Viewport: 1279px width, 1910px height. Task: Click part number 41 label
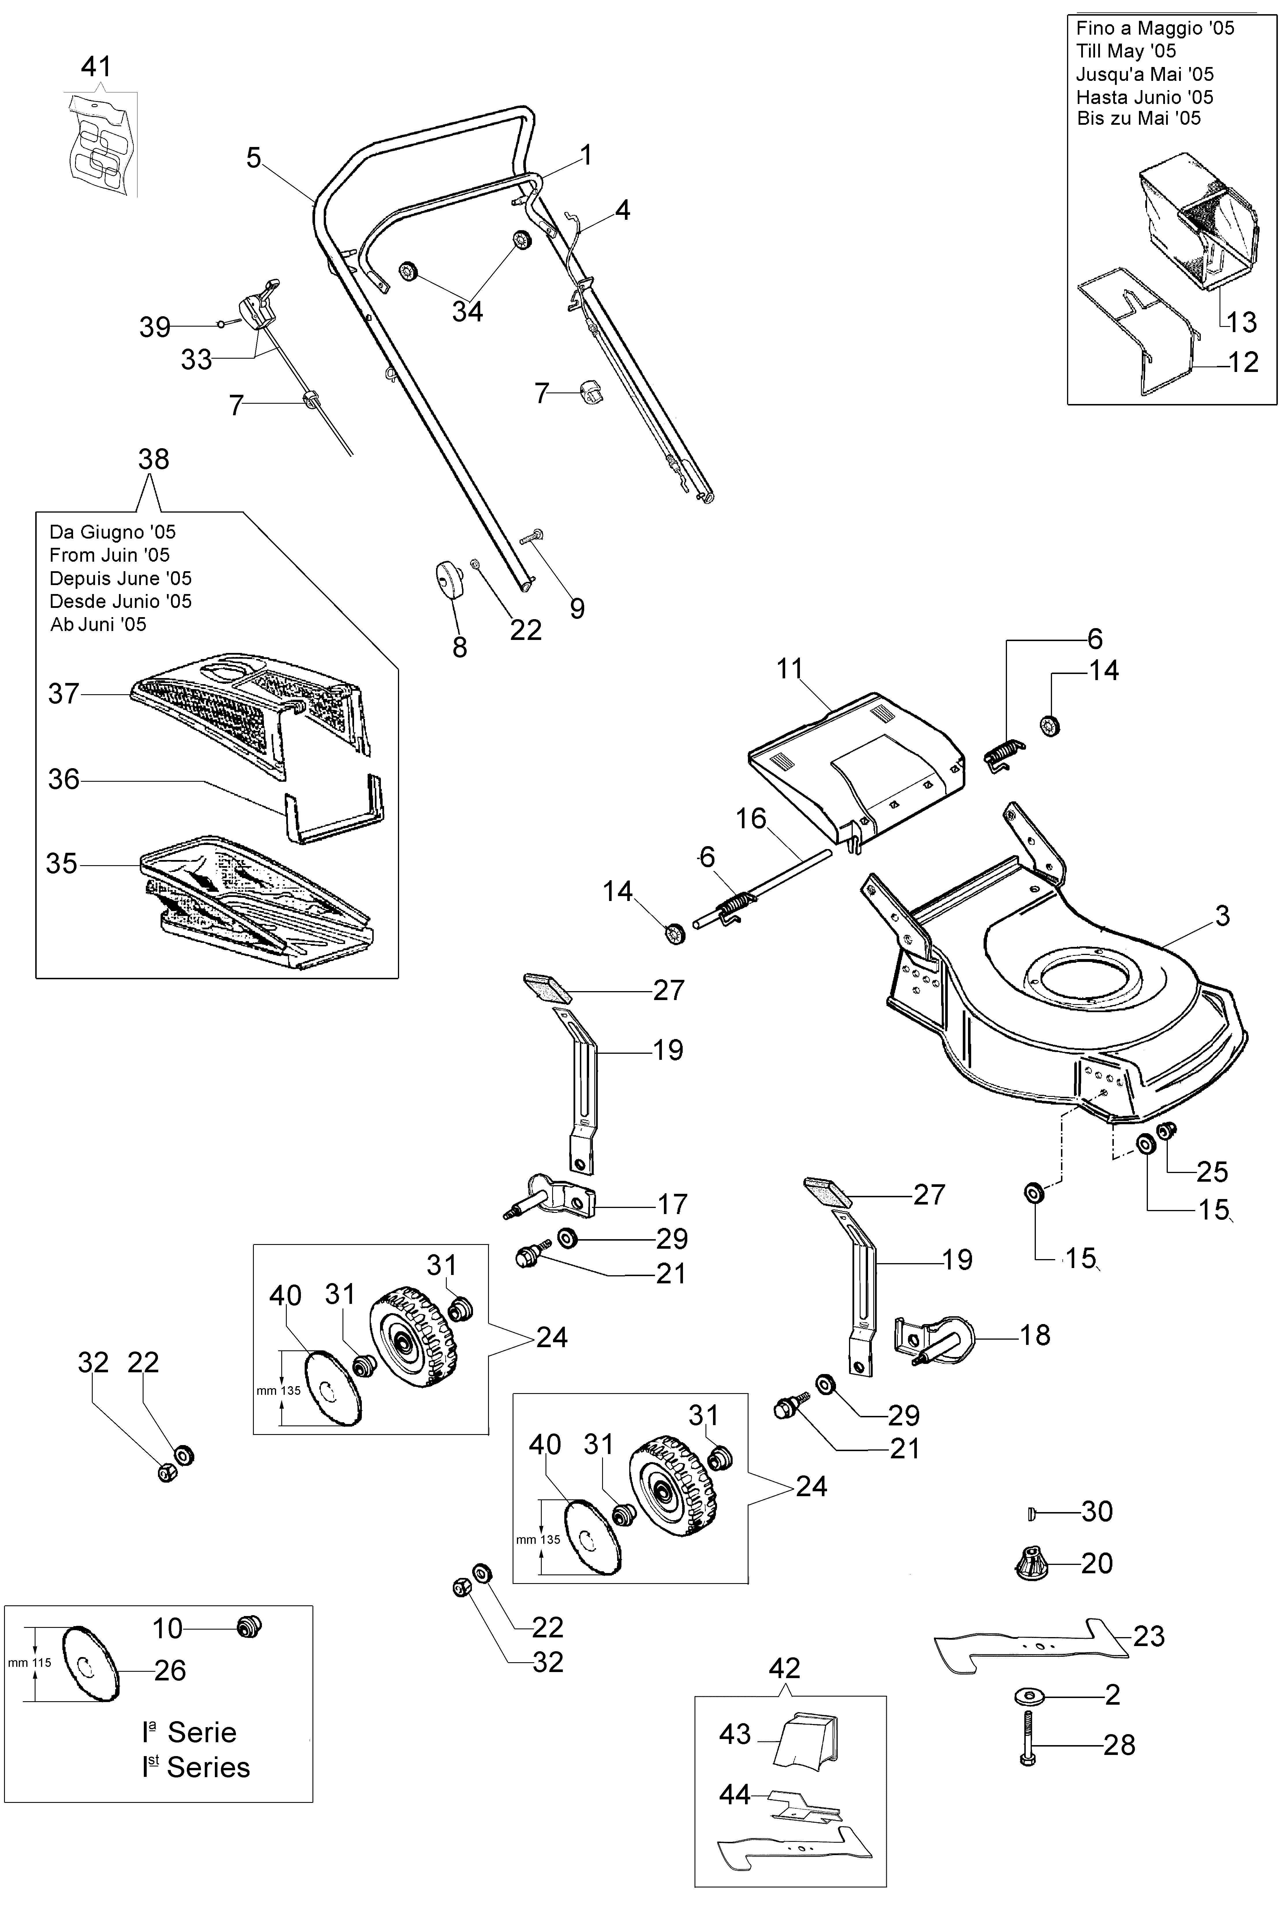(96, 66)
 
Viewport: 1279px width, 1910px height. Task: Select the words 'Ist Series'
(196, 1767)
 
